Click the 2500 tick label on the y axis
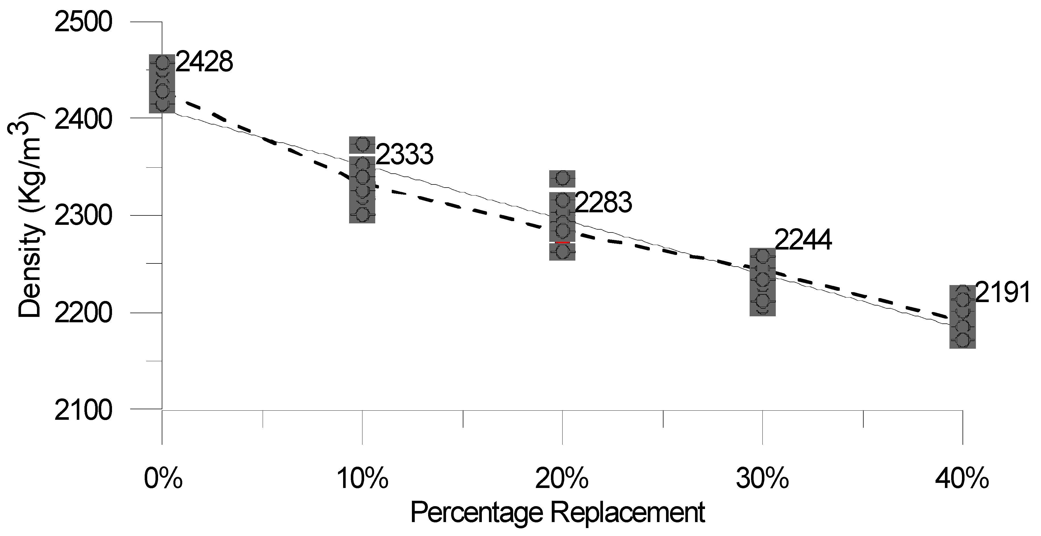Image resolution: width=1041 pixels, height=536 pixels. (82, 22)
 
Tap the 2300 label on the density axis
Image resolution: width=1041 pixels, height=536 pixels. (82, 216)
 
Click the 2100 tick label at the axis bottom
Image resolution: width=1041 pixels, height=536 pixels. (82, 410)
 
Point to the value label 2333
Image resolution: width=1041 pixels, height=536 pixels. (405, 154)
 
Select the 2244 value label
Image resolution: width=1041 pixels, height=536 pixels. (803, 240)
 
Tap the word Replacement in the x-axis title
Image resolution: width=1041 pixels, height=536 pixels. (628, 512)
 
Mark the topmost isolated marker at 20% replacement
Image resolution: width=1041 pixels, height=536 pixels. (562, 178)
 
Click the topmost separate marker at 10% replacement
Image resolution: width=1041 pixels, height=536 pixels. (362, 144)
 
